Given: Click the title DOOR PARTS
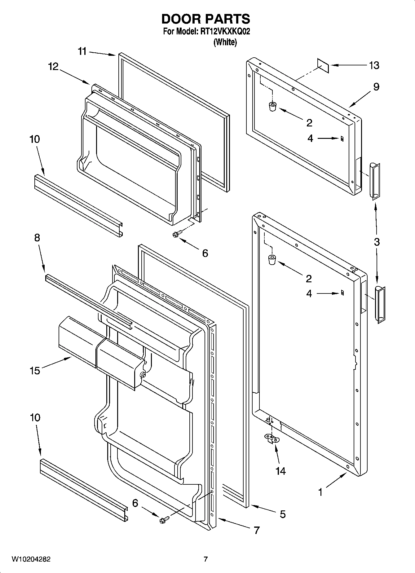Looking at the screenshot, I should click(205, 19).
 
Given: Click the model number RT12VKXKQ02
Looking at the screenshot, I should click(223, 32).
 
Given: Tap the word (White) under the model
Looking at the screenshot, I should click(225, 42).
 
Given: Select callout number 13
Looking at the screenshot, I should click(374, 65).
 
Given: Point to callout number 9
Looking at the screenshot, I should click(376, 87).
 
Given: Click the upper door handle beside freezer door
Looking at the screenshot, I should click(374, 180).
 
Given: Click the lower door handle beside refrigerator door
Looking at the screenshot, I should click(380, 305).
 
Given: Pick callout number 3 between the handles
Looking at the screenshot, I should click(377, 242).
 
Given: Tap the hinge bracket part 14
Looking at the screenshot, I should click(272, 438).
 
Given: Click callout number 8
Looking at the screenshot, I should click(37, 238).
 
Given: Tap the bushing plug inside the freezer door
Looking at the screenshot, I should click(272, 106).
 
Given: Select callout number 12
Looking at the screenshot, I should click(53, 66).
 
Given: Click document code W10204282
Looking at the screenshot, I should click(31, 559).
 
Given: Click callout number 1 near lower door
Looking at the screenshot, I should click(320, 492).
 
